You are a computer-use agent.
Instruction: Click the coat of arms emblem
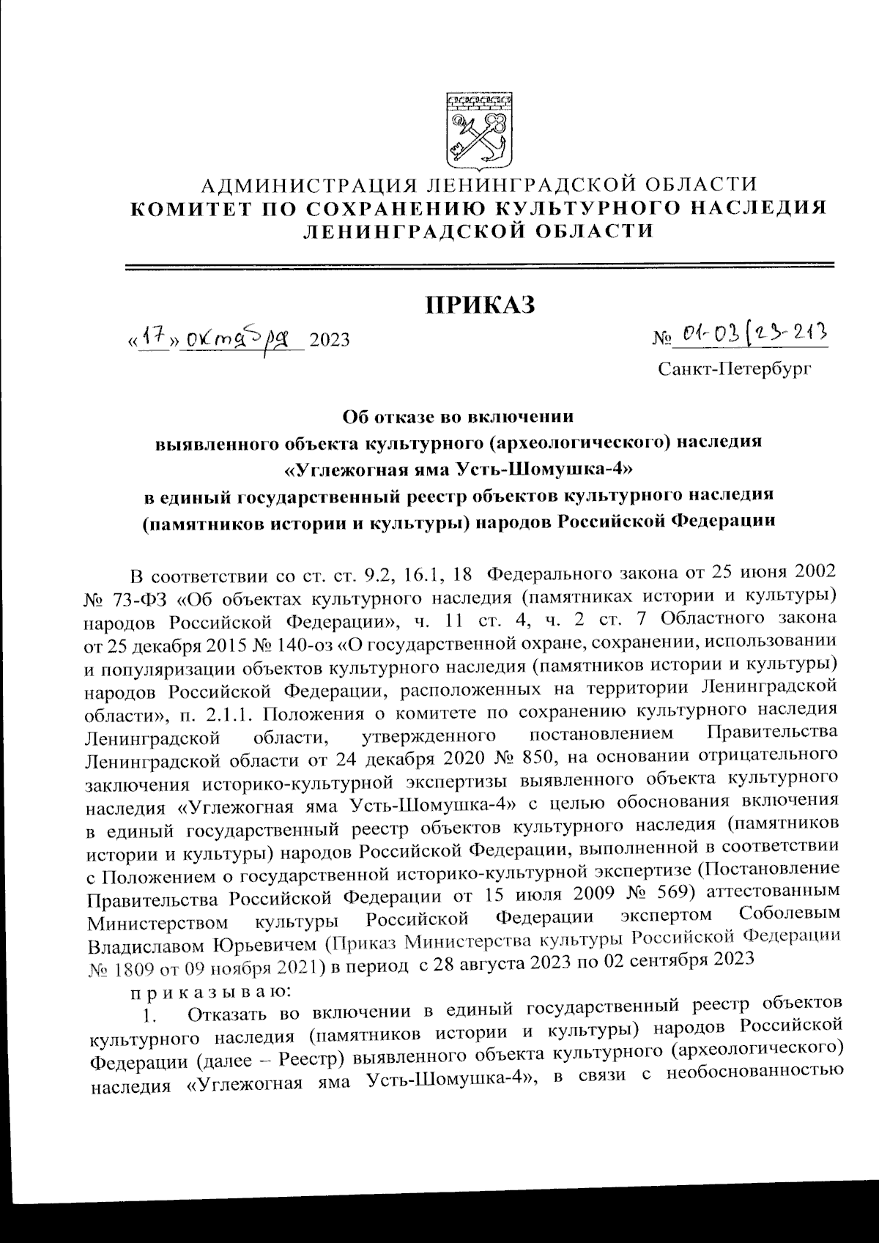(x=480, y=130)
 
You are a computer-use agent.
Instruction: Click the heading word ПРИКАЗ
(x=481, y=304)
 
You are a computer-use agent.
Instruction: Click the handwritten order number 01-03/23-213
(x=751, y=335)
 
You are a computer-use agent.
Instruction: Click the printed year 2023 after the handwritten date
(x=330, y=341)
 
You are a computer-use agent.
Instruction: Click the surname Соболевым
(x=787, y=916)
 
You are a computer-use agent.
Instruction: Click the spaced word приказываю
(x=210, y=992)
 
